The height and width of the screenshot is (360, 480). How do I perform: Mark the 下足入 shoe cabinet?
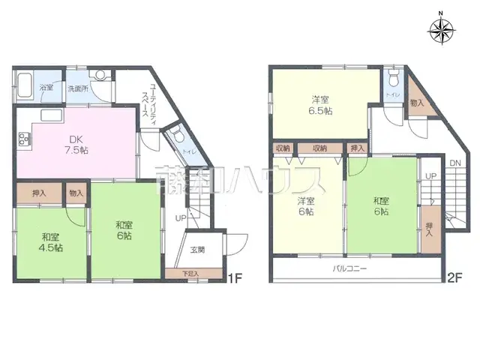point(191,274)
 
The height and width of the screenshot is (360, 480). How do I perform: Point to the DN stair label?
point(454,163)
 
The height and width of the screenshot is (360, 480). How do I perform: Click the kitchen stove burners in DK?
point(23,139)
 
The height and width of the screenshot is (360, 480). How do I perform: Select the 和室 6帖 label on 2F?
point(382,206)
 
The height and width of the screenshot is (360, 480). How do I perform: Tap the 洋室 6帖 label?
point(304,206)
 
